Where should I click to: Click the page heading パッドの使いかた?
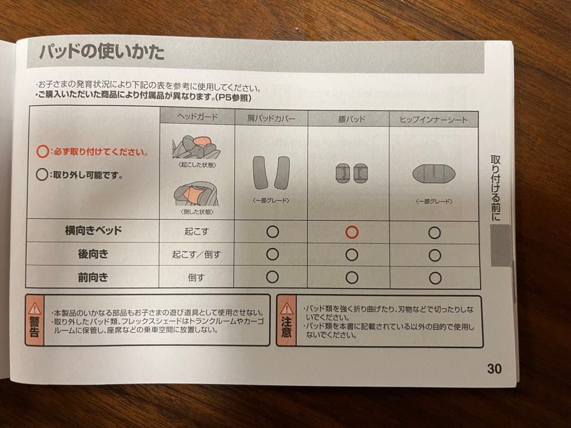102,53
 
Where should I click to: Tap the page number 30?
494,368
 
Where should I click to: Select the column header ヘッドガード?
196,117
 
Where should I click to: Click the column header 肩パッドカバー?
271,118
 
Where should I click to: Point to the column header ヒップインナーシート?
434,119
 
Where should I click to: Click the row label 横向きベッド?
93,230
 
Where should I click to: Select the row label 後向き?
93,254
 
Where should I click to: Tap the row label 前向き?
93,277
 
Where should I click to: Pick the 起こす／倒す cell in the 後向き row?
196,254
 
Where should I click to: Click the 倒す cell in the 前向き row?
196,277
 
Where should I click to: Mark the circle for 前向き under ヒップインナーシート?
435,278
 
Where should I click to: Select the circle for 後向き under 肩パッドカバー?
272,255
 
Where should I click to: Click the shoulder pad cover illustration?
271,173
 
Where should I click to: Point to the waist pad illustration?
352,173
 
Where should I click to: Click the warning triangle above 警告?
35,308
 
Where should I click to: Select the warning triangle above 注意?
286,308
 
